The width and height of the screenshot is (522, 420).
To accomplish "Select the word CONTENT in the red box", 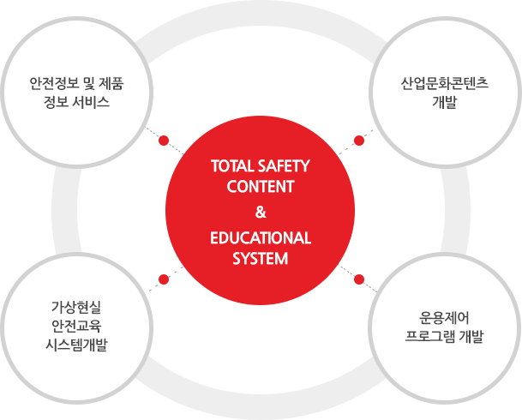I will coord(261,186).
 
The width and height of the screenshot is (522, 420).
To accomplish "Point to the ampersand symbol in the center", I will coord(261,213).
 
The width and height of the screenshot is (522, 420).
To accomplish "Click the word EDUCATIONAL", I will coord(261,238).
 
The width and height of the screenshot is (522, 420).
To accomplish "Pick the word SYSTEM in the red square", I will coord(261,258).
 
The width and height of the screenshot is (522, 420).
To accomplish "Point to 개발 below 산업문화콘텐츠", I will coord(444,105).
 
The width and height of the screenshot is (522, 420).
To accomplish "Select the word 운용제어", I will coord(444,315).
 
